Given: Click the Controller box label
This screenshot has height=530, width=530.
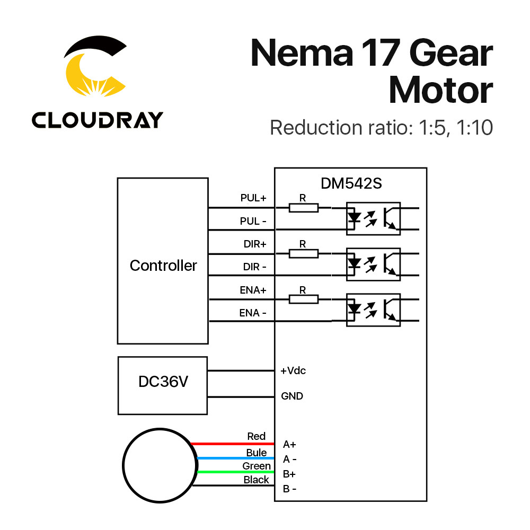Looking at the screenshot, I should pyautogui.click(x=163, y=266).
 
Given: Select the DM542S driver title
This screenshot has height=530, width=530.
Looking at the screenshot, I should pyautogui.click(x=351, y=183).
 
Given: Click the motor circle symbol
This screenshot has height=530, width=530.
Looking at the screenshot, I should pyautogui.click(x=158, y=465).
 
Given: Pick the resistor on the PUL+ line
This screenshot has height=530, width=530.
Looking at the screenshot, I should pyautogui.click(x=303, y=208).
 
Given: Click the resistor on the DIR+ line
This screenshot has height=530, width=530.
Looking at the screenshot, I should pyautogui.click(x=303, y=253).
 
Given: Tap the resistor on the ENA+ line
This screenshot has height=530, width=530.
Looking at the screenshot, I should pyautogui.click(x=303, y=299).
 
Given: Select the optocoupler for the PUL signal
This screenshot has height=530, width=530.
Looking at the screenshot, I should pyautogui.click(x=373, y=218).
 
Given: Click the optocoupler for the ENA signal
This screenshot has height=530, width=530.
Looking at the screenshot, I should pyautogui.click(x=373, y=310).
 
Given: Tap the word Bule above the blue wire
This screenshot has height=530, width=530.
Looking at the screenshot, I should pyautogui.click(x=257, y=453).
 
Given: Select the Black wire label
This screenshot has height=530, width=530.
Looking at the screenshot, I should pyautogui.click(x=257, y=480).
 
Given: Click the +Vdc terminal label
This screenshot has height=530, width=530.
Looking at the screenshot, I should pyautogui.click(x=293, y=370).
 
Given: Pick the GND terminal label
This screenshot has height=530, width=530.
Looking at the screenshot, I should pyautogui.click(x=292, y=396).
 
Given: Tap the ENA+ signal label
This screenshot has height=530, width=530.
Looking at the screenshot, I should pyautogui.click(x=253, y=290).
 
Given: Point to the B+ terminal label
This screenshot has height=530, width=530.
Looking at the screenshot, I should pyautogui.click(x=289, y=474).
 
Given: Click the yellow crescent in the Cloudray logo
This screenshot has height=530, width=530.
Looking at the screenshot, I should pyautogui.click(x=79, y=74).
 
